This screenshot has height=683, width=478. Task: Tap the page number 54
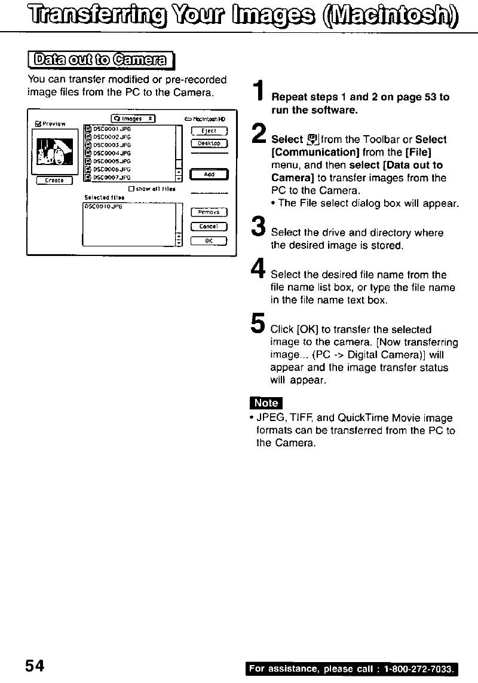(x=35, y=665)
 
